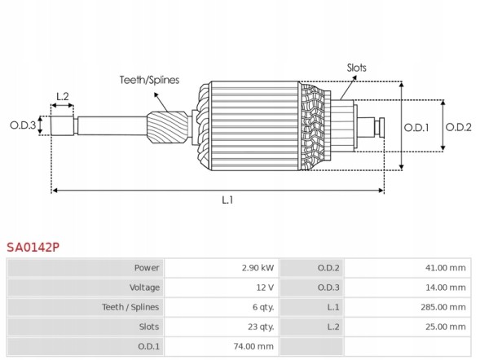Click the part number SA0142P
tap(33, 246)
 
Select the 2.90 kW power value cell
tap(258, 268)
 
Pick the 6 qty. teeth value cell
tap(262, 307)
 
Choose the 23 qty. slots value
tap(261, 327)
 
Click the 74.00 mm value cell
tap(253, 346)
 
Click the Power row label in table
tap(147, 268)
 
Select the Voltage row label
tap(144, 288)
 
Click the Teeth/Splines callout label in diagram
tap(149, 80)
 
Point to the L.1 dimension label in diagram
tap(228, 200)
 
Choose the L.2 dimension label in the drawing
tap(62, 97)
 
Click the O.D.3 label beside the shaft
tap(23, 125)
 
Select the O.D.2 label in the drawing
tap(460, 126)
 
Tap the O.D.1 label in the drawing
tap(416, 126)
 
